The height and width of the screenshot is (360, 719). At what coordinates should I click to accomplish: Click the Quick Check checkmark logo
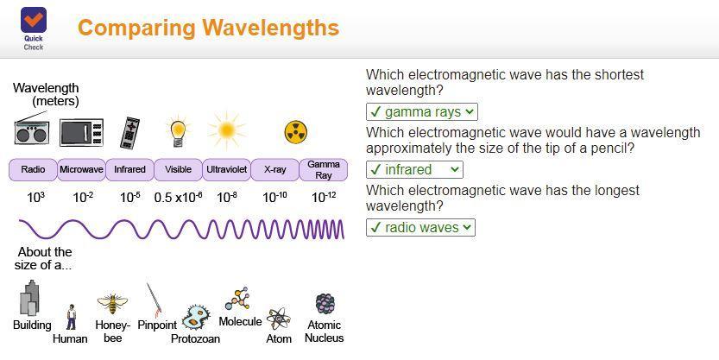click(33, 20)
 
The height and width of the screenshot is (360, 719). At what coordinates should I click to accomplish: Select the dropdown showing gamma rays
click(421, 112)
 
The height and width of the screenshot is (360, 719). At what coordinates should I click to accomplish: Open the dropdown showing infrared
click(414, 170)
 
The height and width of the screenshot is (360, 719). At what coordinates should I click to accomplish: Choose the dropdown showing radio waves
click(420, 227)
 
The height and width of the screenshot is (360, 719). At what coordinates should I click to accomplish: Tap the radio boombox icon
click(32, 129)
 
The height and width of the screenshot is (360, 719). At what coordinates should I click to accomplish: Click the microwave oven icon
click(81, 132)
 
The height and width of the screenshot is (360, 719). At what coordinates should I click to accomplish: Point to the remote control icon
click(129, 133)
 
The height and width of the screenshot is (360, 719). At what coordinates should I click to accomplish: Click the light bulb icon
click(178, 131)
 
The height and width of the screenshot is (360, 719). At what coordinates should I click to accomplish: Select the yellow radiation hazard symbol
click(296, 132)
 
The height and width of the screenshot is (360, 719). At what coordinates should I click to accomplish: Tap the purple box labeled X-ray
click(274, 170)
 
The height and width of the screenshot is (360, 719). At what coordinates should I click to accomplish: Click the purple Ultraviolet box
click(226, 170)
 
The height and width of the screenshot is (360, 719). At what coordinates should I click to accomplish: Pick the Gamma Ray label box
click(324, 170)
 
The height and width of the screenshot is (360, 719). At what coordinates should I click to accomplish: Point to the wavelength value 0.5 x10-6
click(178, 197)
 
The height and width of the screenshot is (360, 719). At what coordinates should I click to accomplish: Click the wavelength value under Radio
click(35, 197)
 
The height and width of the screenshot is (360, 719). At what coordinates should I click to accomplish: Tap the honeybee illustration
click(112, 304)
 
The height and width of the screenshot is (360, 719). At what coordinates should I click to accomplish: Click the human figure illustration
click(71, 317)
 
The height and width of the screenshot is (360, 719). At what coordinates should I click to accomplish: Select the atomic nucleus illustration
click(325, 304)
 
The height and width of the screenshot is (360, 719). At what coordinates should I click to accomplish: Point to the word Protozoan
click(195, 338)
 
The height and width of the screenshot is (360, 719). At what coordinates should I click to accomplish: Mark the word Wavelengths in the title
click(270, 28)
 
